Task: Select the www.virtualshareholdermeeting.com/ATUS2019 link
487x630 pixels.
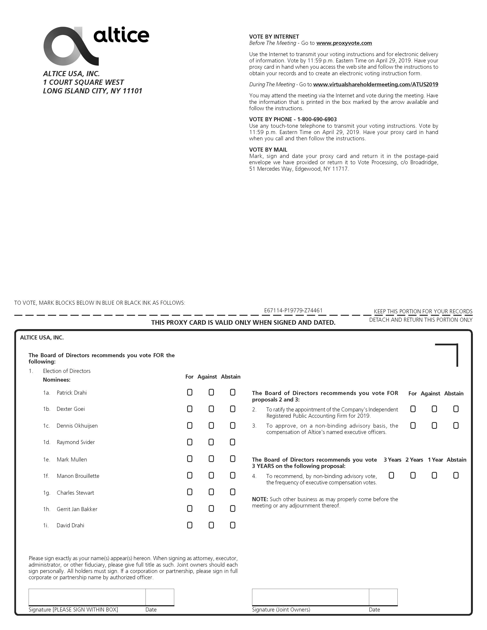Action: pyautogui.click(x=376, y=85)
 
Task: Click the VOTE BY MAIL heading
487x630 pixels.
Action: pyautogui.click(x=268, y=150)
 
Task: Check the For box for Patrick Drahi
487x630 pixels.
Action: pyautogui.click(x=190, y=392)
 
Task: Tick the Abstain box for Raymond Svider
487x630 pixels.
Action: pyautogui.click(x=233, y=442)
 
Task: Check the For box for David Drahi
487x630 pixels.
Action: pyautogui.click(x=190, y=525)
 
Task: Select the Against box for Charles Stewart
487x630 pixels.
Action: pyautogui.click(x=211, y=492)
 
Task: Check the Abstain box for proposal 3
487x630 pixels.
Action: pyautogui.click(x=456, y=426)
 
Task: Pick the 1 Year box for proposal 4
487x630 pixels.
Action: pyautogui.click(x=434, y=475)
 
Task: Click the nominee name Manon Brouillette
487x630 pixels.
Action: pyautogui.click(x=78, y=476)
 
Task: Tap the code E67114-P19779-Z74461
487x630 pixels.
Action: pyautogui.click(x=293, y=310)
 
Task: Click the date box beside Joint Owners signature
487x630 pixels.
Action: pyautogui.click(x=383, y=597)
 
